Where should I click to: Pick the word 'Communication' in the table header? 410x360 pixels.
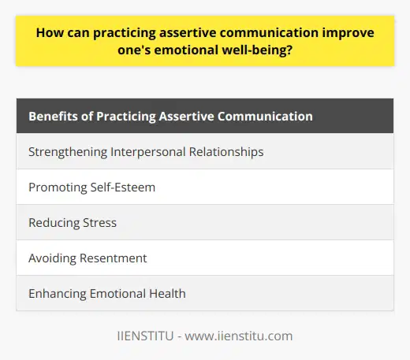tap(266, 117)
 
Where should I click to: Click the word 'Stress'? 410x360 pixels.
tap(98, 222)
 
